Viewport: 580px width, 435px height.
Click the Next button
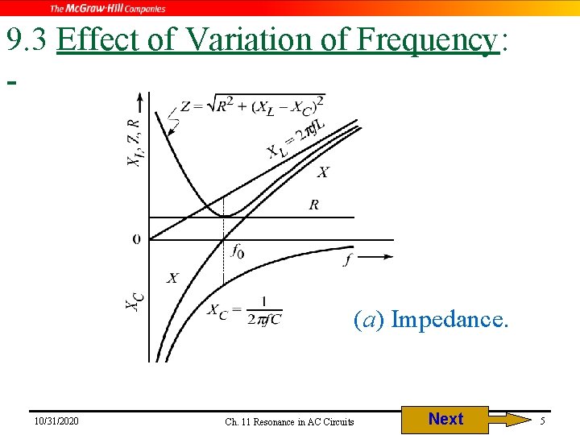pos(445,419)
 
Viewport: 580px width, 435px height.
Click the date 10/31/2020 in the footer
pos(56,421)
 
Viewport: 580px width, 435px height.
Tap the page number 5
pos(543,421)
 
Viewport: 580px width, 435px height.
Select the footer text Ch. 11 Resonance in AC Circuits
pos(289,421)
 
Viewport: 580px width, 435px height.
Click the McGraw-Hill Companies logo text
pos(108,8)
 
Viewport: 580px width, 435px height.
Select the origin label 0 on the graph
pos(136,239)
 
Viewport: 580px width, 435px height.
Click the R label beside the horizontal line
pos(313,205)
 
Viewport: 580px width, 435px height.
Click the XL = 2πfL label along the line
pos(296,138)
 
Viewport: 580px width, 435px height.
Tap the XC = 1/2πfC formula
pos(245,311)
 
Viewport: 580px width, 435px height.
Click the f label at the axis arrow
pos(347,259)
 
